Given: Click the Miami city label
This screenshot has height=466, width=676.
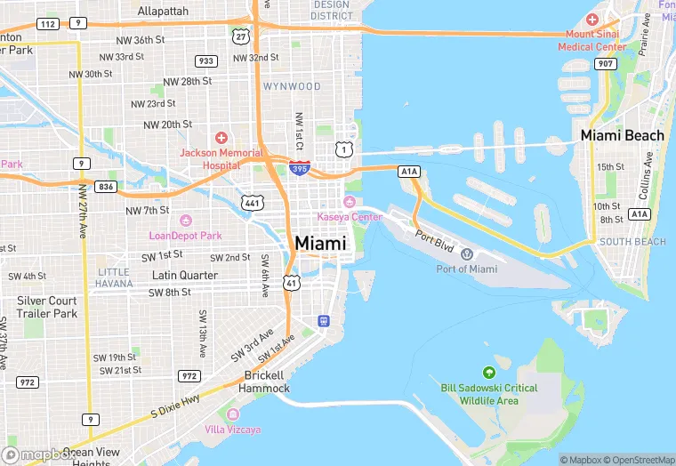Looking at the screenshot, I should [x=320, y=243].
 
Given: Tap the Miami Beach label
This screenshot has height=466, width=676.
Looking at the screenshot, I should [x=622, y=135].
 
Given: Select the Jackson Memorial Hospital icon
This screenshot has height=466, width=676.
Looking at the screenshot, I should [x=221, y=138].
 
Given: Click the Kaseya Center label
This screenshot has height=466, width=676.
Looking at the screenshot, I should [x=350, y=217].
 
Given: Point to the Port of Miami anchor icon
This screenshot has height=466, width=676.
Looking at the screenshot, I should [x=467, y=254].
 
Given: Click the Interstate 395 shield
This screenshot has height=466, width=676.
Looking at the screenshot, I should [x=300, y=167].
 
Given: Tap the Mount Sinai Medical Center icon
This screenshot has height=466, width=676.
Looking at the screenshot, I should [x=592, y=20].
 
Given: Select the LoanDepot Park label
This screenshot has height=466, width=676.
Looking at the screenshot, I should [x=185, y=236].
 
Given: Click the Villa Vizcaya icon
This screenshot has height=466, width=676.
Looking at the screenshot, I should [x=233, y=414].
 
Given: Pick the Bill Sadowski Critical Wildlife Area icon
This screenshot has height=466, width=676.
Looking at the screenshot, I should [x=488, y=372].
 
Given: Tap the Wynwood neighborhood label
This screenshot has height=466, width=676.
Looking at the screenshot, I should [x=292, y=86].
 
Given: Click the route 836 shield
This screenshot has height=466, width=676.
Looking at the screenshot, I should [x=107, y=186].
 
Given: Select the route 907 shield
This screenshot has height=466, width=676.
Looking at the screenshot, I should [x=606, y=63].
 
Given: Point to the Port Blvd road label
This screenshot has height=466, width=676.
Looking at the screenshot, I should [x=434, y=239].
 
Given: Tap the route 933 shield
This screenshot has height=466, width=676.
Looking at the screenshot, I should [x=206, y=60].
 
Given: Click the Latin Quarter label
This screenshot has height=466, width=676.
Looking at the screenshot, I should [x=185, y=275].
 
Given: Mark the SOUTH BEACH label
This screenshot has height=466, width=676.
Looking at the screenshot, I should [x=632, y=242].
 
